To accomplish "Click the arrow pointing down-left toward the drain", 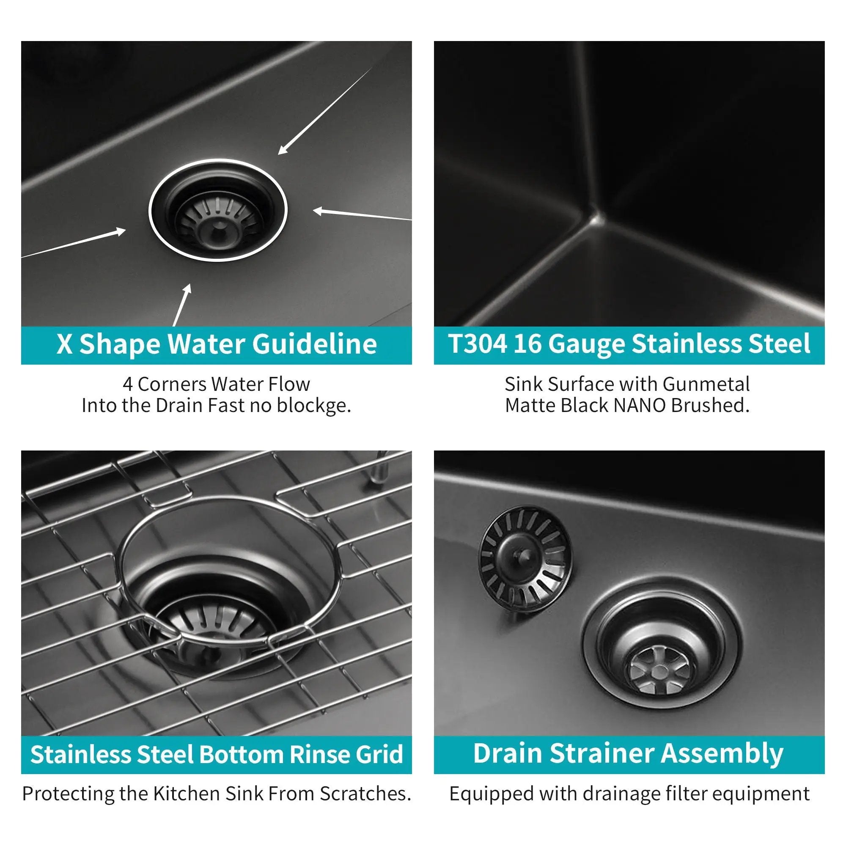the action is (x=325, y=111).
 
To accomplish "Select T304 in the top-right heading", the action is (x=478, y=344).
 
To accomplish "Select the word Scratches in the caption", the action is (x=365, y=794).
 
